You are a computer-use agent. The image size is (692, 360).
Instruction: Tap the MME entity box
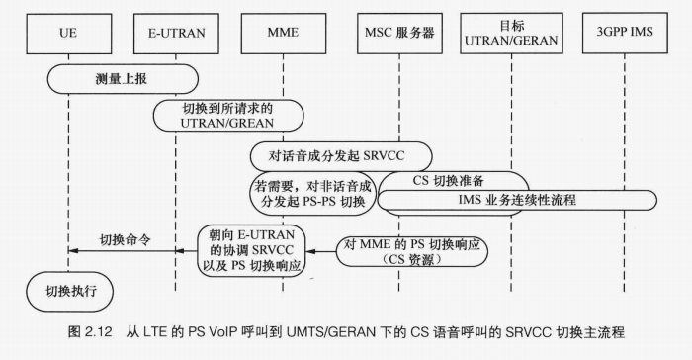pos(283,34)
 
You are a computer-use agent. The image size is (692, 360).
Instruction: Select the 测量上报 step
pos(122,77)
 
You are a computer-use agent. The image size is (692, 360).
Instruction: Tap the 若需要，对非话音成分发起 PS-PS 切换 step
pos(308,194)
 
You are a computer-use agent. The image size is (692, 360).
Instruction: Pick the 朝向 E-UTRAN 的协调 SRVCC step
pos(251,250)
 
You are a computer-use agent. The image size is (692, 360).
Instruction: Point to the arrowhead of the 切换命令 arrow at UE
pos(72,252)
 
